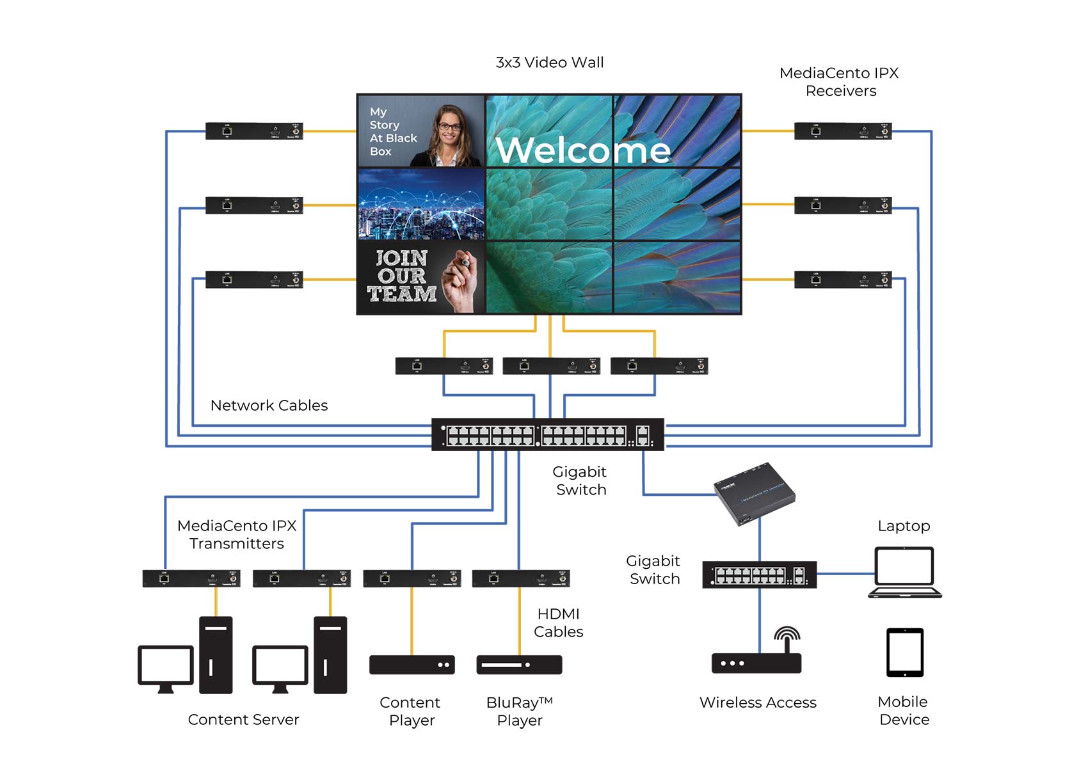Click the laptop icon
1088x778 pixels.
904,571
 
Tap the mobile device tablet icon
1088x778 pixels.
904,652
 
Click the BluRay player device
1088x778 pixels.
519,665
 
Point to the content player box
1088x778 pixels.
412,665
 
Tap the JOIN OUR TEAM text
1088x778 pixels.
402,276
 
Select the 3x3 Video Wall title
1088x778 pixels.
549,63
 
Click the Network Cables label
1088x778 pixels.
269,406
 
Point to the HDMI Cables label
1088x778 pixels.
558,623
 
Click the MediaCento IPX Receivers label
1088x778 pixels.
839,82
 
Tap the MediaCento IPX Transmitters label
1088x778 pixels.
237,534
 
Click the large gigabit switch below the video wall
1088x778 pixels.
548,435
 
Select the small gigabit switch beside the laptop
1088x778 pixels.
759,575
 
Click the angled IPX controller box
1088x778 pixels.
755,493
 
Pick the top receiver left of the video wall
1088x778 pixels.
254,131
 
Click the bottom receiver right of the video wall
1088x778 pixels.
843,280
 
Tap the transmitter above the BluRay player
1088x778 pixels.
520,578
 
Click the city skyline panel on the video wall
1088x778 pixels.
421,204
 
